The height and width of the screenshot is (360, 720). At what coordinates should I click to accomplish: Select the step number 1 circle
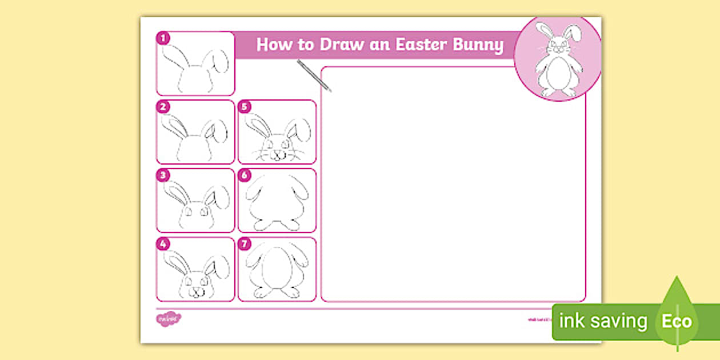pyautogui.click(x=163, y=38)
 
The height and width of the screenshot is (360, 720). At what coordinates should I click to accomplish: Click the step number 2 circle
pyautogui.click(x=163, y=107)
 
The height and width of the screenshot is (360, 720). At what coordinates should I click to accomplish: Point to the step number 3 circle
pyautogui.click(x=163, y=175)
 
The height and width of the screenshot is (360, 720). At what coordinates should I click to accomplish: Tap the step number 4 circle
pyautogui.click(x=163, y=244)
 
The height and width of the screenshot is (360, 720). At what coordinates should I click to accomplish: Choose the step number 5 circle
pyautogui.click(x=245, y=107)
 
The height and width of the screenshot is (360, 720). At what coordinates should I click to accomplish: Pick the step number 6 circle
pyautogui.click(x=245, y=175)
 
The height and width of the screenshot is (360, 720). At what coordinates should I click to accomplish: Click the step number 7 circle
pyautogui.click(x=245, y=244)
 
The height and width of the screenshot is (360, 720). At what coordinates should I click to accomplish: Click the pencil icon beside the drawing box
pyautogui.click(x=314, y=75)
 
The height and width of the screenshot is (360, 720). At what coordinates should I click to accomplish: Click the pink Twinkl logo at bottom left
pyautogui.click(x=168, y=318)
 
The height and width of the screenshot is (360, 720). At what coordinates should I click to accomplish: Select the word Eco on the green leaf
pyautogui.click(x=677, y=321)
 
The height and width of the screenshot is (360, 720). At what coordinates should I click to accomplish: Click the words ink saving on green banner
pyautogui.click(x=603, y=321)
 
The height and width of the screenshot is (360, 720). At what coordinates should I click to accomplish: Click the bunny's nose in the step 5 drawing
pyautogui.click(x=277, y=153)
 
